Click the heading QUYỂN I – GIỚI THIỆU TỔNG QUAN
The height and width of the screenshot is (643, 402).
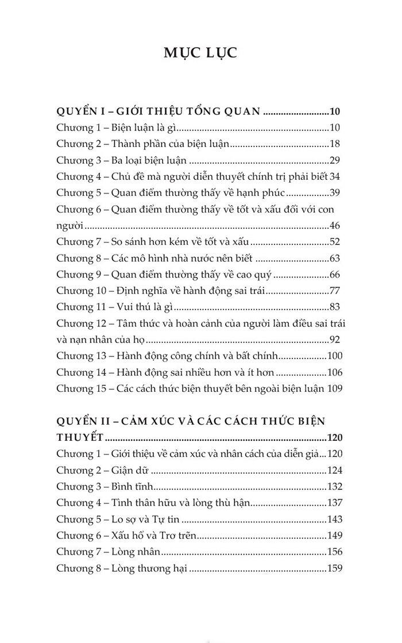(160, 111)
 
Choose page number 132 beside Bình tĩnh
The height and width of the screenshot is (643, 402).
(334, 486)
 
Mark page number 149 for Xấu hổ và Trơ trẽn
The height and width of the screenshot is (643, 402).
(334, 536)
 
